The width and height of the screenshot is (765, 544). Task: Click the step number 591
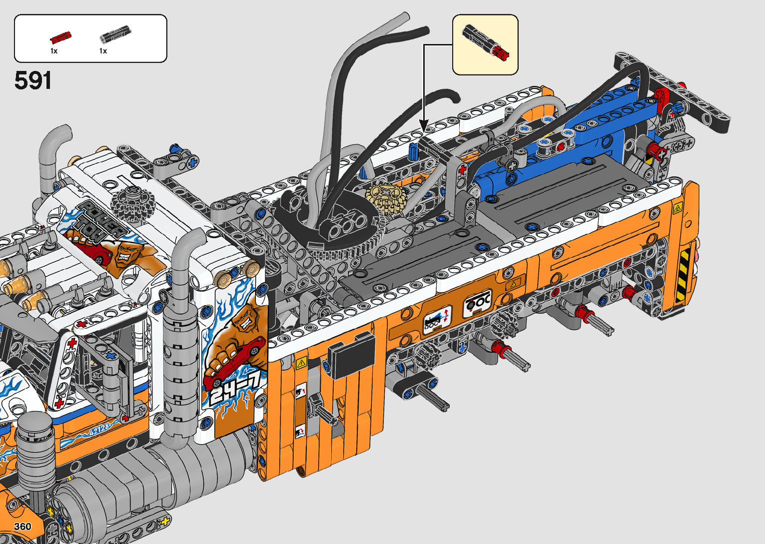tap(33, 80)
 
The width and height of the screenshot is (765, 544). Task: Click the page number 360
tap(22, 526)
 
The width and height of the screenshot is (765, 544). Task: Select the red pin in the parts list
tap(60, 37)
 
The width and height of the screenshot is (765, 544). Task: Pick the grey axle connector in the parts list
tap(115, 34)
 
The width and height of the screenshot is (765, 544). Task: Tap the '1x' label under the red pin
tap(54, 51)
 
